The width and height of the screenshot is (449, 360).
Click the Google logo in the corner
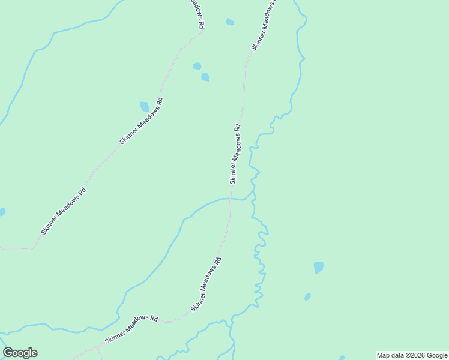coord(20,353)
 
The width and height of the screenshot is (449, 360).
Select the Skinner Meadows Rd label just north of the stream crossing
coord(235,154)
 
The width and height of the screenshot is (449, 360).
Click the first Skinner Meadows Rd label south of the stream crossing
coord(206,284)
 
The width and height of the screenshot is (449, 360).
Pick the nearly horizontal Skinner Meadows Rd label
coord(131,329)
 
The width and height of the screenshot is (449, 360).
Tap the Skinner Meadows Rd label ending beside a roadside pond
coord(141,121)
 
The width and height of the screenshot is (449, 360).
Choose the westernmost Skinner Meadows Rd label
coord(64,211)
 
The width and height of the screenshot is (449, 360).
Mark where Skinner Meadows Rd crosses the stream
coord(230,199)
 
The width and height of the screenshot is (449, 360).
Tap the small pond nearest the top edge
coord(230,22)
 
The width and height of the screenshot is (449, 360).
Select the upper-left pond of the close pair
coord(197,66)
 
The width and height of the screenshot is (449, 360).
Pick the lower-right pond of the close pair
coord(205,77)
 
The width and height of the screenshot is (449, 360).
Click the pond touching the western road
coord(145,106)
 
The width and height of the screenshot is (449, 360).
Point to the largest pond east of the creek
coord(318,267)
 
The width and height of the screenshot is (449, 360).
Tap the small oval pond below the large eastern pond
coord(307,296)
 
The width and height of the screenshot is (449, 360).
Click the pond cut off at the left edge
coord(2,212)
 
